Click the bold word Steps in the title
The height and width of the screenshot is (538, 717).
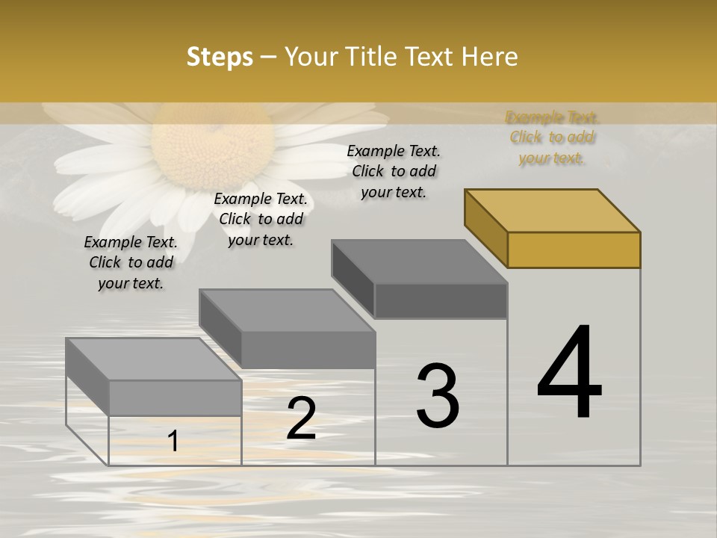pos(220,57)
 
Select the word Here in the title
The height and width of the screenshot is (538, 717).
pos(490,57)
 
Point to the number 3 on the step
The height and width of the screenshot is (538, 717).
pos(438,395)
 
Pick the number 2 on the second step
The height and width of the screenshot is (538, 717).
pos(301,418)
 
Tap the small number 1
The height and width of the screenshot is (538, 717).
pos(173,442)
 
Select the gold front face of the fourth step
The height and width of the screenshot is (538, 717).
pos(574,250)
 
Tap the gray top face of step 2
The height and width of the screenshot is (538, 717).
pos(287,310)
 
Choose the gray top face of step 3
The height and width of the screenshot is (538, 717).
pos(419,262)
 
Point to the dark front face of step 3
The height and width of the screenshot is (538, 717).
pos(441,300)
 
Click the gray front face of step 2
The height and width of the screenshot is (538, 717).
pos(308,350)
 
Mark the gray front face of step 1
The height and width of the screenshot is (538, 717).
pos(175,398)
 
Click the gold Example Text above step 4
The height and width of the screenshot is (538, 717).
pos(552,137)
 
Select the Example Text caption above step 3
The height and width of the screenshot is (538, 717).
pos(394,171)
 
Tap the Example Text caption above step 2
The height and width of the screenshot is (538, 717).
pos(261,219)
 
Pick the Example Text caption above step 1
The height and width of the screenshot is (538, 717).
pos(131,262)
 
